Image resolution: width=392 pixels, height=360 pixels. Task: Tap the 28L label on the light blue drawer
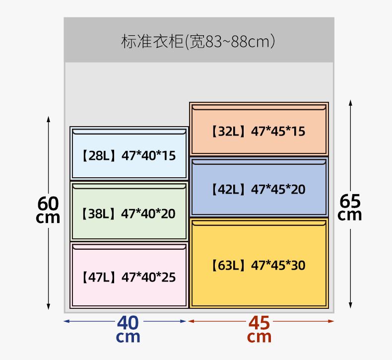[98, 156]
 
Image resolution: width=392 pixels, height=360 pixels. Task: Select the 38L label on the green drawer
[98, 214]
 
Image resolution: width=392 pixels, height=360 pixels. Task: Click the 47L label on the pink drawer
[98, 277]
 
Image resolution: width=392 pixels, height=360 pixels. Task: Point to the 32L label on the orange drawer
[228, 132]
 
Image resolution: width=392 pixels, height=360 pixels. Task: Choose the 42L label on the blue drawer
[228, 189]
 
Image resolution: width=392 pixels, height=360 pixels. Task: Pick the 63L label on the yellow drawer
[228, 265]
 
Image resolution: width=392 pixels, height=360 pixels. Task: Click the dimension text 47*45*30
[278, 265]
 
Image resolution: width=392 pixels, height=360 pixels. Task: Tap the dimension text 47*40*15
[148, 156]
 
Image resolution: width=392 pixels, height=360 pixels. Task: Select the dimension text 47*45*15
[278, 132]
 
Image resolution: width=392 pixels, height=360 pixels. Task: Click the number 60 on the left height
[48, 203]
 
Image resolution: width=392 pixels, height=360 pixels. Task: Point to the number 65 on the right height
[350, 201]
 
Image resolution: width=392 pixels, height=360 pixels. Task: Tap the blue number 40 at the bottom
[128, 323]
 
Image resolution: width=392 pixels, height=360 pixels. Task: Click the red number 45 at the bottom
[259, 323]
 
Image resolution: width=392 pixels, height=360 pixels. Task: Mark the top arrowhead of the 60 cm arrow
[49, 119]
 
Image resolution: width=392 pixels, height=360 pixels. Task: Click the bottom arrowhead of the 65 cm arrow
[350, 305]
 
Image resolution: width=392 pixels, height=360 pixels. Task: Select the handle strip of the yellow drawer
[259, 223]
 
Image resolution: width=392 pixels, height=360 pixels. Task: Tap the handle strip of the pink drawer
[129, 246]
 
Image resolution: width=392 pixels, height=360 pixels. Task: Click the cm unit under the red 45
[259, 338]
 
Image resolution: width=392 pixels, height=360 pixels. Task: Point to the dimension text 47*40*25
[148, 277]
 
